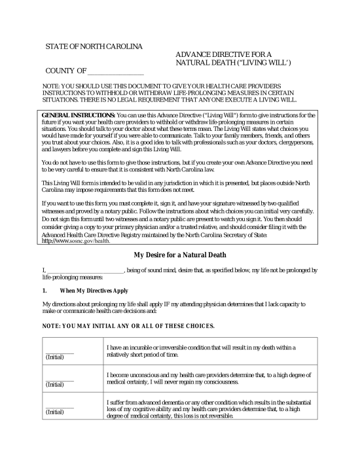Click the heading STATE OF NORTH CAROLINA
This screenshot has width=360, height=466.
94,47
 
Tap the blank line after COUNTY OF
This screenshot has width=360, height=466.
116,71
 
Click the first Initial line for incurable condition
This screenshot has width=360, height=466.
58,351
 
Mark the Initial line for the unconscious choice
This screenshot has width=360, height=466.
58,380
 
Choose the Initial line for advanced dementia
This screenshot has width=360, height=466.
58,408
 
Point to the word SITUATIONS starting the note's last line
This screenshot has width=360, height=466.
65,101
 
